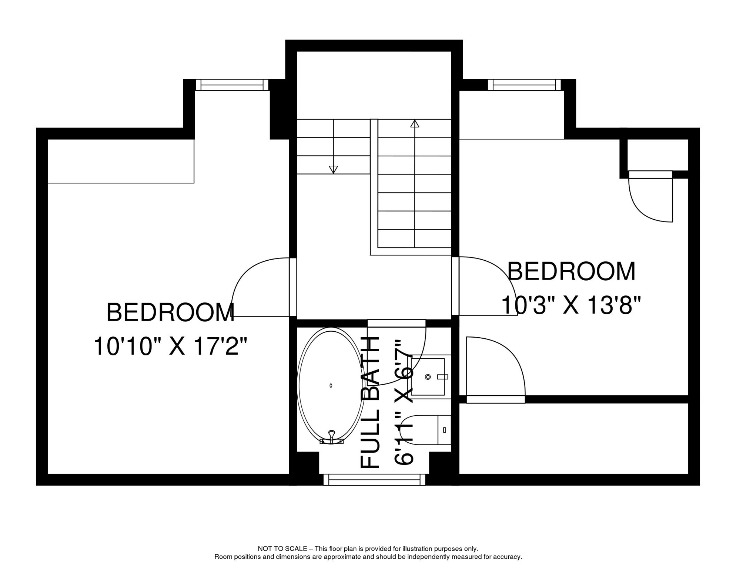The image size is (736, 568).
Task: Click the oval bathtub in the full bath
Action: tap(331, 385)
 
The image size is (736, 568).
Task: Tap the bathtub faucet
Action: tap(331, 436)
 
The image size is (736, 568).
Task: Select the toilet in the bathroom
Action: tap(426, 430)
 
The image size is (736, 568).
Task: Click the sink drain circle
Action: tap(428, 377)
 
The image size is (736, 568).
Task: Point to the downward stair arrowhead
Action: tap(333, 170)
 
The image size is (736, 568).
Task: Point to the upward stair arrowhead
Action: tap(415, 124)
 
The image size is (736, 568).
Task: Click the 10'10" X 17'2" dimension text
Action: tap(170, 346)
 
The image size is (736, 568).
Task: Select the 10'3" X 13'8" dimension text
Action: tap(571, 305)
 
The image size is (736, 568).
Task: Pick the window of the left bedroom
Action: tap(232, 85)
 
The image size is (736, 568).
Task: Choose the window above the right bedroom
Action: tap(524, 85)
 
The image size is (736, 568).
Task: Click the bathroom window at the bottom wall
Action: tap(374, 480)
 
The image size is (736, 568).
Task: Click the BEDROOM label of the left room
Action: tap(170, 313)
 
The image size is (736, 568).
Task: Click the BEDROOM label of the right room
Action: tap(571, 271)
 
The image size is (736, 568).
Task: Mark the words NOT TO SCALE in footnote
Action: tap(282, 549)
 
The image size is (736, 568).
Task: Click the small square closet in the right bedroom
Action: tap(657, 155)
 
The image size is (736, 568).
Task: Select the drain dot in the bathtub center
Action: tap(331, 385)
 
